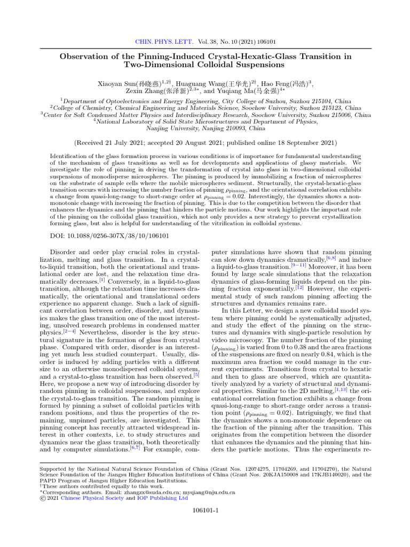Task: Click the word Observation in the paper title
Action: click(x=83, y=56)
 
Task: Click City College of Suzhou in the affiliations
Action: click(x=246, y=100)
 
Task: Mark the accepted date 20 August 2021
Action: click(x=204, y=143)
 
